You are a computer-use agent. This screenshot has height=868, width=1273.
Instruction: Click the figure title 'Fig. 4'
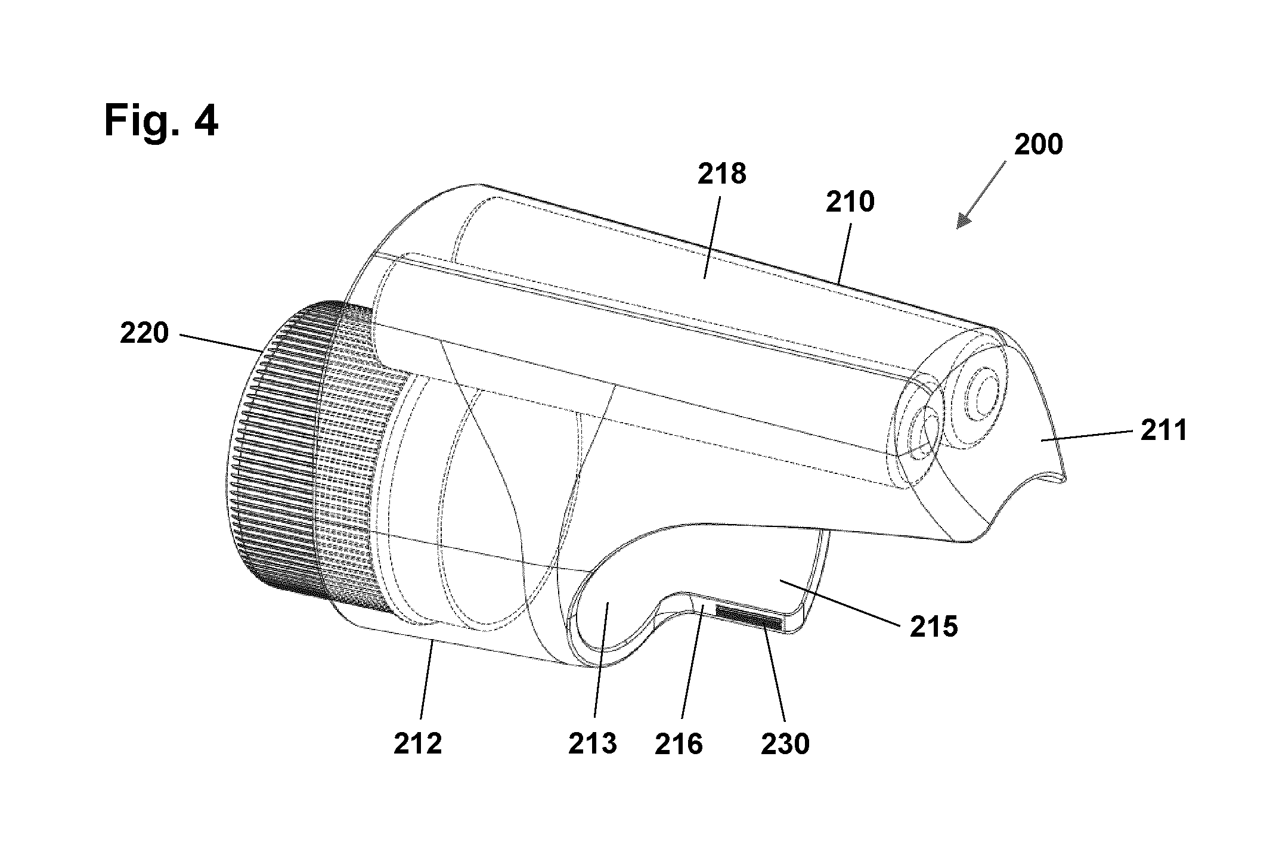coord(161,120)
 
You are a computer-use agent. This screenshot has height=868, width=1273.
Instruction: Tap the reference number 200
coord(1039,145)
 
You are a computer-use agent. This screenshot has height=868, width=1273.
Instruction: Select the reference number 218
coord(722,174)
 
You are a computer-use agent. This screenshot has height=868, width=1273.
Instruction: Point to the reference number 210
coord(850,203)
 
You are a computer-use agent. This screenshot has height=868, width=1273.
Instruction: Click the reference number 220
coord(144,333)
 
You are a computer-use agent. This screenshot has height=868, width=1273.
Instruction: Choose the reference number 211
coord(1164,430)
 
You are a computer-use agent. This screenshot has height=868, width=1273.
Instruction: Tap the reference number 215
coord(934,627)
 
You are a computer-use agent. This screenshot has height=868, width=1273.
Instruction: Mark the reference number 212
coord(418,744)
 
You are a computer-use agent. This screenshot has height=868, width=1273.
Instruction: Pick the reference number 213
coord(592,744)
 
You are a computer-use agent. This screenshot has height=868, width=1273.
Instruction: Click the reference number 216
coord(679,744)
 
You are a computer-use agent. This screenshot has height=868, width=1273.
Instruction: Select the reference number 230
coord(785,744)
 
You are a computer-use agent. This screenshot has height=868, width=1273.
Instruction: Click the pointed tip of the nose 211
coord(1066,477)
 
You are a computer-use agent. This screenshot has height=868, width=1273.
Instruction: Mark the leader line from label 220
coord(219,343)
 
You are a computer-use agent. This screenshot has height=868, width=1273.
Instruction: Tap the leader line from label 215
coord(847,602)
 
